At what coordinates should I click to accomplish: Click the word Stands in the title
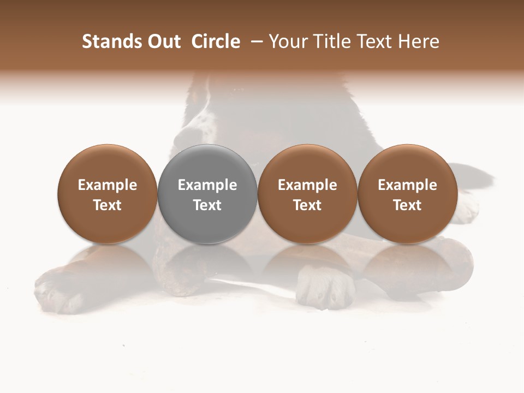pyautogui.click(x=108, y=41)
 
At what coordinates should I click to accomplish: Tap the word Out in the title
pyautogui.click(x=163, y=41)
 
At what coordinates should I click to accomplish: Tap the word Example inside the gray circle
pyautogui.click(x=207, y=185)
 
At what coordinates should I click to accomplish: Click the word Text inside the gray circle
pyautogui.click(x=207, y=205)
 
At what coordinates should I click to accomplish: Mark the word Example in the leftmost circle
pyautogui.click(x=107, y=185)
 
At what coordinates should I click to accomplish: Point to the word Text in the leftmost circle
pyautogui.click(x=107, y=205)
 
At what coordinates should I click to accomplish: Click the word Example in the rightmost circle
pyautogui.click(x=407, y=185)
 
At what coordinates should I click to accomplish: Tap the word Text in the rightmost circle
pyautogui.click(x=407, y=205)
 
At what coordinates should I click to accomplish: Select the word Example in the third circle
pyautogui.click(x=307, y=185)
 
